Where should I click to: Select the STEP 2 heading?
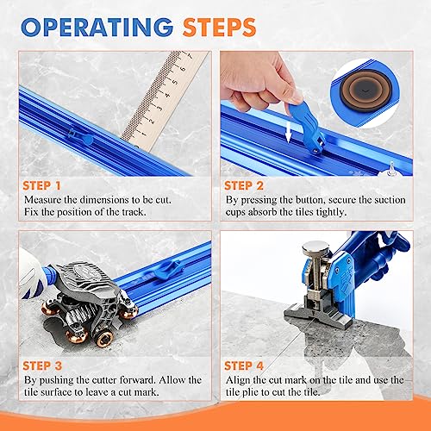(x=250, y=185)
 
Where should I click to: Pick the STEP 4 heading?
(x=250, y=365)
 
